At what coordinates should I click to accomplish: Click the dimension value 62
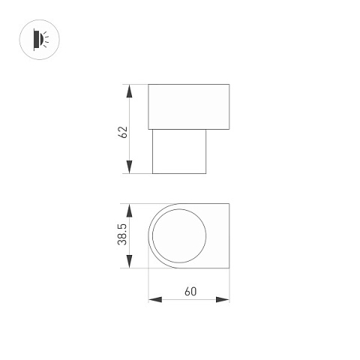[x=123, y=132]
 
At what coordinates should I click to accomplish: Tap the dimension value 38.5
[x=123, y=235]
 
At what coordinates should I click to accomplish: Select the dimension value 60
[x=190, y=292]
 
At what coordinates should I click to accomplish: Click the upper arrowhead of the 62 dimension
[x=129, y=91]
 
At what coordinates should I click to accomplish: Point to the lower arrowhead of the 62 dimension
[x=129, y=167]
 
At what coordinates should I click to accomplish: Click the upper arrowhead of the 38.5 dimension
[x=129, y=210]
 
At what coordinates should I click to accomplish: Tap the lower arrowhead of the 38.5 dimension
[x=129, y=262]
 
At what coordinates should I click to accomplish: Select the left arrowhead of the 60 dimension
[x=155, y=299]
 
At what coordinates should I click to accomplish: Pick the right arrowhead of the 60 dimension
[x=223, y=299]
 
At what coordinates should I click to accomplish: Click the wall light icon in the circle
[x=40, y=40]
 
